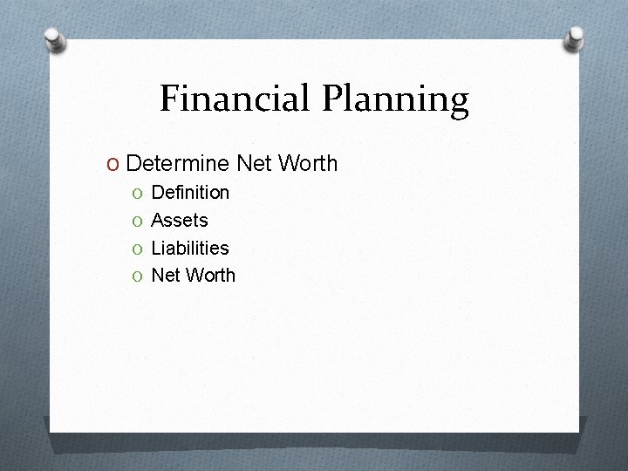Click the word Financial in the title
tap(236, 99)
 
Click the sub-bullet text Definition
tap(190, 192)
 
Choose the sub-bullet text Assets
tap(180, 220)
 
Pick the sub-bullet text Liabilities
tap(190, 248)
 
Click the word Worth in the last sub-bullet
tap(210, 276)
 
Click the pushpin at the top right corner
tap(576, 37)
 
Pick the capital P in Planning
tap(334, 99)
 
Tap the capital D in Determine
tap(133, 163)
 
